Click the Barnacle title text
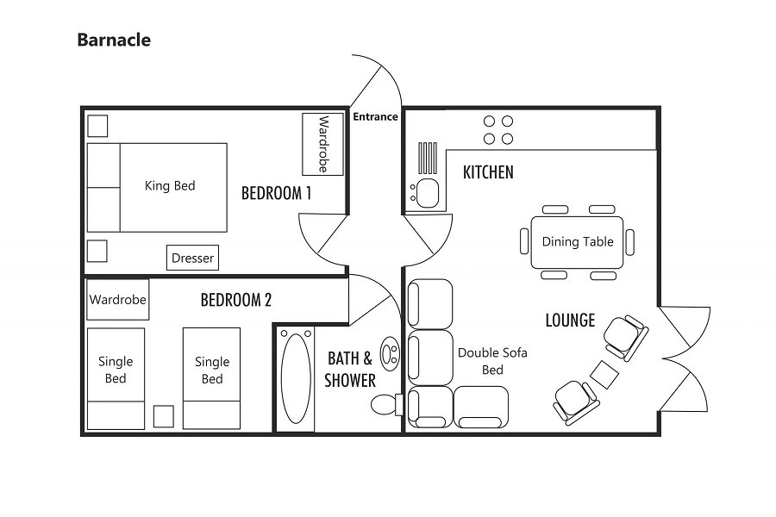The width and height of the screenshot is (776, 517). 113,40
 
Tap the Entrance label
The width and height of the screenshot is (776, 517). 375,116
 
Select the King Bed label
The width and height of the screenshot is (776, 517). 170,185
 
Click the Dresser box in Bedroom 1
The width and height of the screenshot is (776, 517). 192,258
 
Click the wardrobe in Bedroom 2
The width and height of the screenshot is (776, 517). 118,300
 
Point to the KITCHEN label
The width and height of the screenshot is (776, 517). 488,172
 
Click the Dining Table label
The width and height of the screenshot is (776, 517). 578,241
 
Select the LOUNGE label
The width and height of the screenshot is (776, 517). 570,321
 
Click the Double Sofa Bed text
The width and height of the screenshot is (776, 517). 492,360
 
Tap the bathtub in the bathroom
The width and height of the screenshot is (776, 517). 296,378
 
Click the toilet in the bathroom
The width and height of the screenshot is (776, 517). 383,404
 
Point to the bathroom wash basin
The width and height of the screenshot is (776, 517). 390,352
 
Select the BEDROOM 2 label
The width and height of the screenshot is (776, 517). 235,300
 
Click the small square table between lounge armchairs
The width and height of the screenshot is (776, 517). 604,374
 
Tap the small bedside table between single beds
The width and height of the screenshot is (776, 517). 163,415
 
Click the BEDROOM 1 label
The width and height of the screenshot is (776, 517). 276,193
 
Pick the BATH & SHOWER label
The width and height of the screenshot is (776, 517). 350,369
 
